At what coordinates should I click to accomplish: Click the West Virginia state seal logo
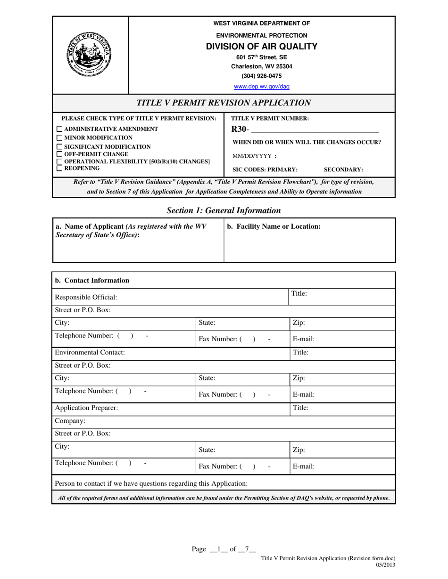(x=90, y=55)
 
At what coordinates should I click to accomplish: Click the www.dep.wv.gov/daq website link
(x=262, y=87)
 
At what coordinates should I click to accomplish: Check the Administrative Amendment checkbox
(x=59, y=129)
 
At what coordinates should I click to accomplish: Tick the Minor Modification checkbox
(x=59, y=137)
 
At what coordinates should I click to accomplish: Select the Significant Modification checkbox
(x=59, y=147)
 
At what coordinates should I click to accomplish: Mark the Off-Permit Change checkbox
(x=59, y=154)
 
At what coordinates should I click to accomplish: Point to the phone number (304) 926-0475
(x=262, y=76)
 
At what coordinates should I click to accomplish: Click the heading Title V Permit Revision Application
(x=224, y=103)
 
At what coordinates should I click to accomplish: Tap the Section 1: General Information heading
(x=224, y=210)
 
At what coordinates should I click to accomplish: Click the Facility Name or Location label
(x=274, y=226)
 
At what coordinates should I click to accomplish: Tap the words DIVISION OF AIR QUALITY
(x=262, y=46)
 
